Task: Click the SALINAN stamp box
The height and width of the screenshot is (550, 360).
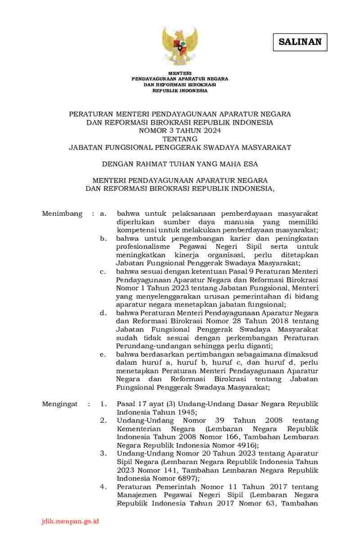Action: [x=300, y=42]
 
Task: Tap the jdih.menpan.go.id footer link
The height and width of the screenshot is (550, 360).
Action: [x=69, y=521]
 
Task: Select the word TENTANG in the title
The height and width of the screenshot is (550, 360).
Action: [x=180, y=139]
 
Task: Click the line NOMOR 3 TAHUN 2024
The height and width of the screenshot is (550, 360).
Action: [x=180, y=130]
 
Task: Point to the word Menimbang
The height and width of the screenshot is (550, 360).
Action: [x=62, y=214]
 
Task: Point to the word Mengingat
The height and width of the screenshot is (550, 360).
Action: [x=60, y=404]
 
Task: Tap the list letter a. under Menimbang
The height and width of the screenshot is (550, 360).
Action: [x=103, y=214]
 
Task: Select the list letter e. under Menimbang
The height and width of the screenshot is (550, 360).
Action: [x=103, y=354]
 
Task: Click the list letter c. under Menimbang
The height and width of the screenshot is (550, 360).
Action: [x=103, y=271]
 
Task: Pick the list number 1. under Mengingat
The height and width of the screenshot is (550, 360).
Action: [x=103, y=404]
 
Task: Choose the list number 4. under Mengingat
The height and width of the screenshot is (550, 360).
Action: [x=103, y=487]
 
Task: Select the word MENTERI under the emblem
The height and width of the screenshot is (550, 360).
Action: [x=180, y=73]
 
